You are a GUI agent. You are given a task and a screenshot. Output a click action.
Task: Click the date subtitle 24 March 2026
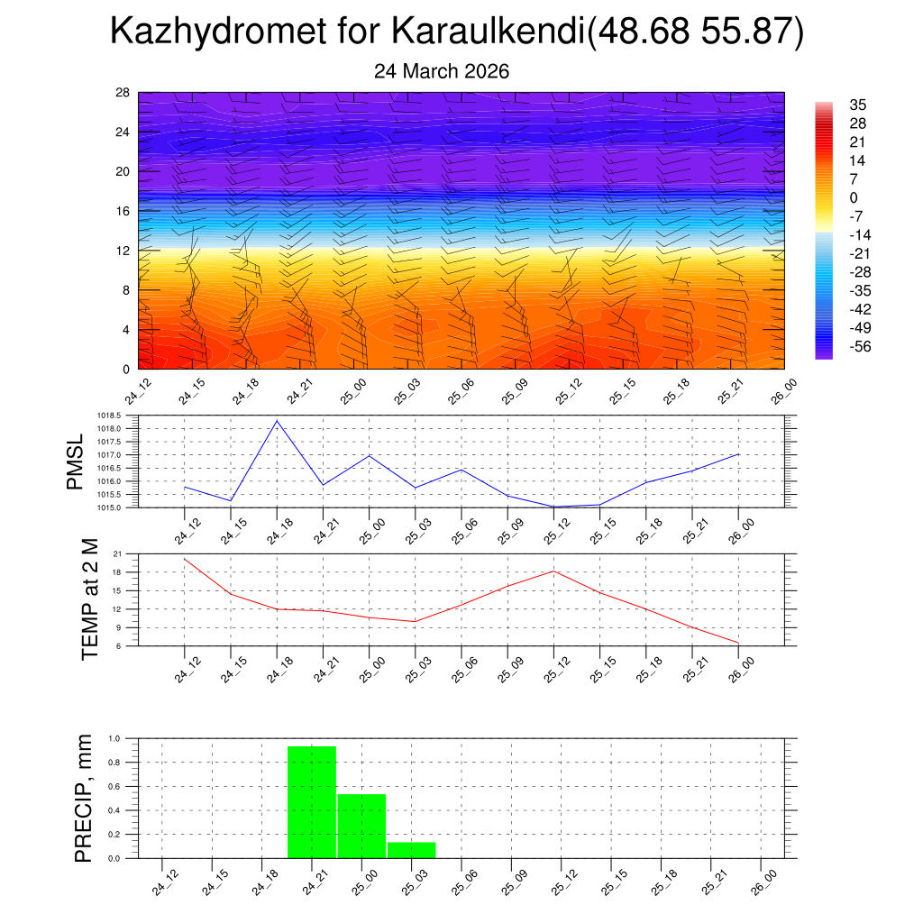[442, 71]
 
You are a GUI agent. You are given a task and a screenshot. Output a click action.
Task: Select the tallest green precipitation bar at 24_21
[312, 801]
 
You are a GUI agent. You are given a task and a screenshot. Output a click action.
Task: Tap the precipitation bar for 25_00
[361, 826]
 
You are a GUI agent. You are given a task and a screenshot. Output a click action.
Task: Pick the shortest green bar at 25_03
[412, 850]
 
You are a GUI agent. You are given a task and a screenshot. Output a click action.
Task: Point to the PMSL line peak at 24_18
[277, 421]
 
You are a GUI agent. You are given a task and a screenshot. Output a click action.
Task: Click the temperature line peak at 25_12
[553, 571]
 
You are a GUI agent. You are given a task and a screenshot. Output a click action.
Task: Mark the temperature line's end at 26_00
[738, 643]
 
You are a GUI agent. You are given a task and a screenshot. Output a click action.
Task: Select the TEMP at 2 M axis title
[90, 599]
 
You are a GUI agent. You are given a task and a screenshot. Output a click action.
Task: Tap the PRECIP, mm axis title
[84, 798]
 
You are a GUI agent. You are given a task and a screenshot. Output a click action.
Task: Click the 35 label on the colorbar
[858, 105]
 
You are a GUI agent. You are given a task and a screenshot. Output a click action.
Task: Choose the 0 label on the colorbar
[854, 197]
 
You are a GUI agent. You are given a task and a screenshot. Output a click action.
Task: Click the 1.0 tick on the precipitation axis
[115, 738]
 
